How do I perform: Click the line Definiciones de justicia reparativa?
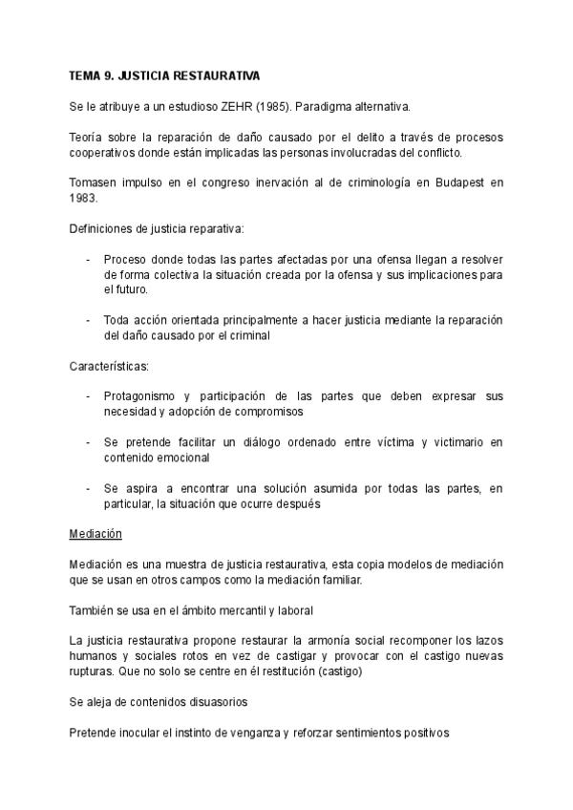click(157, 229)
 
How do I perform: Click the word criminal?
click(248, 335)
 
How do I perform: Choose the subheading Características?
click(109, 367)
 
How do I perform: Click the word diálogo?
click(246, 443)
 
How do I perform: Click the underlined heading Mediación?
click(95, 533)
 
